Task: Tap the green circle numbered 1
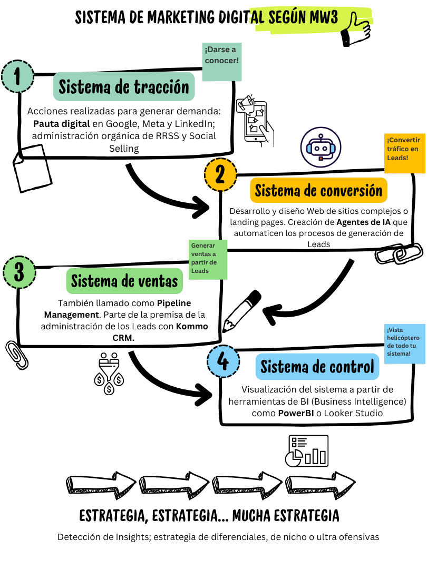point(17,77)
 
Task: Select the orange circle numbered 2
point(219,175)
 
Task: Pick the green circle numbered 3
point(20,272)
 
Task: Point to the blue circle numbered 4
point(223,362)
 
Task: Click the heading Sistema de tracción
point(124,86)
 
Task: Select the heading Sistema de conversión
point(318,190)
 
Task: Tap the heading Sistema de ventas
point(124,281)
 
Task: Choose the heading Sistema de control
point(317,366)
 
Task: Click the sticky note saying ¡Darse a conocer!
point(222,62)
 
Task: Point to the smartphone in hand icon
point(255,121)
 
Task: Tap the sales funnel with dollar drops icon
point(110,373)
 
